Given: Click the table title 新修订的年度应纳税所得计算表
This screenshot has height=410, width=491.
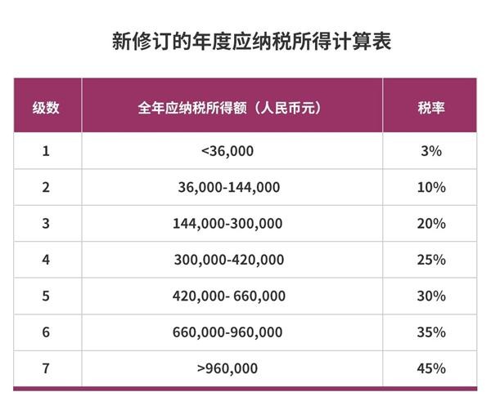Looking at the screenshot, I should pos(245,41).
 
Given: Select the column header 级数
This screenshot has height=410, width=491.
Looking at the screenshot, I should pos(46,108).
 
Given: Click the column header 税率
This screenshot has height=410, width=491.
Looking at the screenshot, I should pos(430,108).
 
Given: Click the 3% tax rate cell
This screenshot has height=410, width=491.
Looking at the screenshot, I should pos(430,151).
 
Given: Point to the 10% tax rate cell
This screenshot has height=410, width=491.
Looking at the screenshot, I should pos(430,187).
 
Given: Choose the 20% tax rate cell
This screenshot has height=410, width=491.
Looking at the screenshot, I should pos(430,223).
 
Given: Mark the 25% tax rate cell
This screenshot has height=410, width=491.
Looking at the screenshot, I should pos(430,260).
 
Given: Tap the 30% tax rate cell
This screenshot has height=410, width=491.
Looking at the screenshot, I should pos(430,296).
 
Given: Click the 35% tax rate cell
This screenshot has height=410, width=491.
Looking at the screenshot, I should pos(430,332).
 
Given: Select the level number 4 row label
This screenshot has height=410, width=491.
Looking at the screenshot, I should pos(46,260).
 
